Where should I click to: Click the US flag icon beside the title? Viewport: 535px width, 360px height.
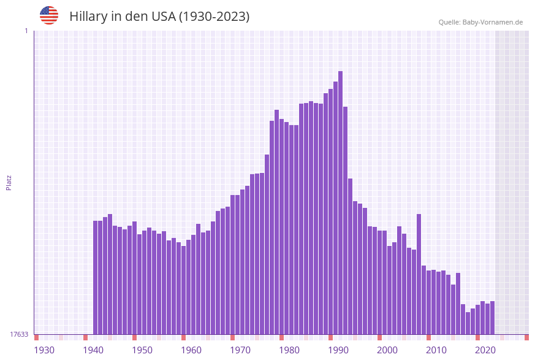49,15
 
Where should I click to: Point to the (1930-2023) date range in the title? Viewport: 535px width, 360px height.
214,17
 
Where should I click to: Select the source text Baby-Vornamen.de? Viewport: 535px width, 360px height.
493,22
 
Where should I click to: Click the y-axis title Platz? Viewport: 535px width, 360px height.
9,182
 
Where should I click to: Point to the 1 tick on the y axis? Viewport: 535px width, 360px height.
26,31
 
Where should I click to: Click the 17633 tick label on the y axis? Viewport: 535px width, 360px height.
19,334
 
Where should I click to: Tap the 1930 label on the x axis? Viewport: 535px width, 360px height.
44,350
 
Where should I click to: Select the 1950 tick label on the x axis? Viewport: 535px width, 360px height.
142,350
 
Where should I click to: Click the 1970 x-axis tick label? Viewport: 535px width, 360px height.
240,350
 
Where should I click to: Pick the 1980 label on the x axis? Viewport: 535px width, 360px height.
289,350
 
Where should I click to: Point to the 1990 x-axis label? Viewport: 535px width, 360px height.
338,350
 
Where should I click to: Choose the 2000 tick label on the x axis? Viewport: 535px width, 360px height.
387,350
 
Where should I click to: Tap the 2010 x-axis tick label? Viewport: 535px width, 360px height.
436,350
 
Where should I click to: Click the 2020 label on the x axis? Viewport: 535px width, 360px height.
485,350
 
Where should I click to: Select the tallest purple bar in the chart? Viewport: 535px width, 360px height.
340,202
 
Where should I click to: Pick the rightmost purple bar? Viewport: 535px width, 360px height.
492,318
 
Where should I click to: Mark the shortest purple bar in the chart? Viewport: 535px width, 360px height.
468,323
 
